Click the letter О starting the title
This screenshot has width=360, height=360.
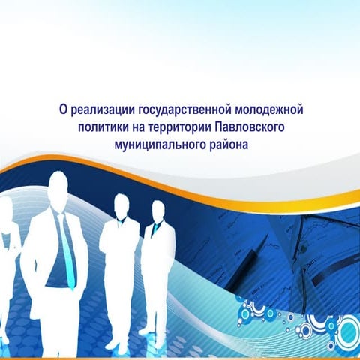click(x=63, y=109)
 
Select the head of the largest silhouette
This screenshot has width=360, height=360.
click(x=57, y=188)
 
